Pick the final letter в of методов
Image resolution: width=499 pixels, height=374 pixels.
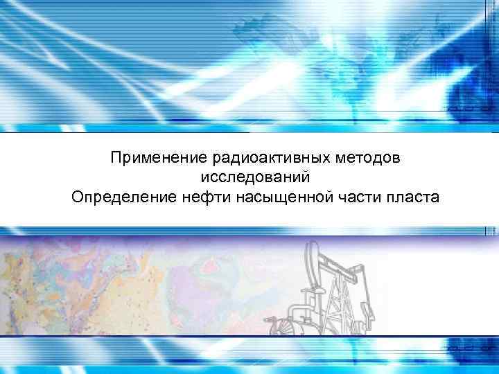(396, 159)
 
